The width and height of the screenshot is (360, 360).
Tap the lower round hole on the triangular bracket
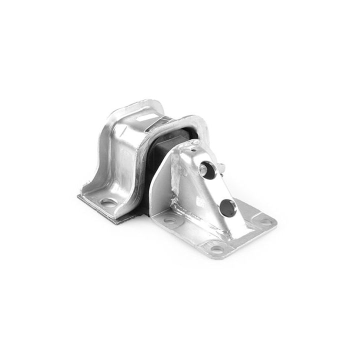[227, 206]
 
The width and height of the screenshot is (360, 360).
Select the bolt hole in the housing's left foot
[107, 202]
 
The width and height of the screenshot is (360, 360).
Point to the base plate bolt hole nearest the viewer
[216, 248]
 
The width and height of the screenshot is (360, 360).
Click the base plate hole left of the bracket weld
[170, 220]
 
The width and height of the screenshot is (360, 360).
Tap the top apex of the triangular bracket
[196, 142]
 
